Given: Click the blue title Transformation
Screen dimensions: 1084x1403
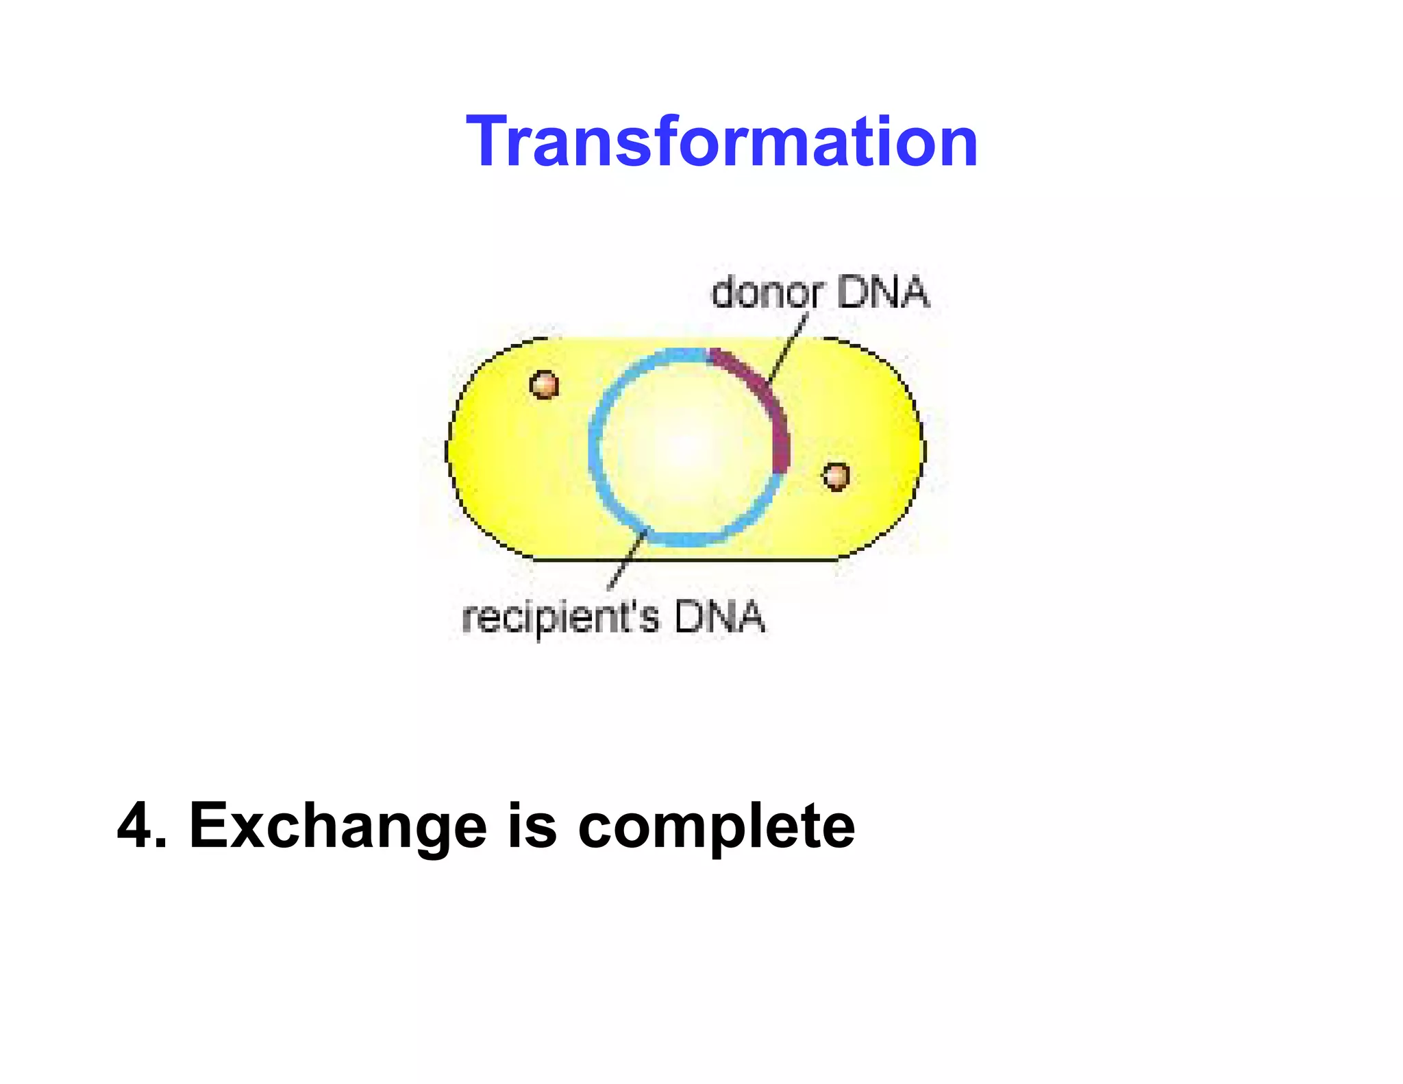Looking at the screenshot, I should [x=721, y=142].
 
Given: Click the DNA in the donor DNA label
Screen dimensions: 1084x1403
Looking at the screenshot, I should [x=882, y=293].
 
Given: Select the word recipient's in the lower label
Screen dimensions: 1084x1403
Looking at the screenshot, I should [x=560, y=617].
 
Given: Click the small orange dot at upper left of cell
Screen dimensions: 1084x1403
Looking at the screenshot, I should [x=544, y=385].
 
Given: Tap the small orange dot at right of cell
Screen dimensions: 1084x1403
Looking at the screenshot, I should [x=836, y=476].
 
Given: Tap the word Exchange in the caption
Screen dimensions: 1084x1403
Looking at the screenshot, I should [x=337, y=826].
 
